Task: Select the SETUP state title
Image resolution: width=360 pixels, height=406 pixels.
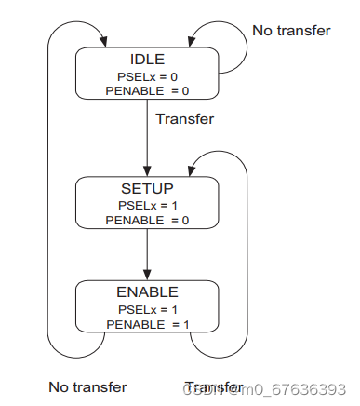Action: pyautogui.click(x=147, y=189)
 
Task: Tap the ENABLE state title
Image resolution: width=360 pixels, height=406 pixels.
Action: pyautogui.click(x=147, y=292)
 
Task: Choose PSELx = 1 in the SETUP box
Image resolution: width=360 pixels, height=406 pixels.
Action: pyautogui.click(x=147, y=204)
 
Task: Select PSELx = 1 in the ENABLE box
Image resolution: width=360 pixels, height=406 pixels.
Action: pyautogui.click(x=147, y=307)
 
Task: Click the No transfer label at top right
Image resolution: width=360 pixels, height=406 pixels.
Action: pyautogui.click(x=291, y=31)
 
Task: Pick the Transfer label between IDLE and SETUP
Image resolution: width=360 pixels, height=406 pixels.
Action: pyautogui.click(x=184, y=119)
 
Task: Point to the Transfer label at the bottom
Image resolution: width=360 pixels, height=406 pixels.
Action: pyautogui.click(x=214, y=386)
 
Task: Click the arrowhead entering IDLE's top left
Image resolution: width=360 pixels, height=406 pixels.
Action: pyautogui.click(x=101, y=42)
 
